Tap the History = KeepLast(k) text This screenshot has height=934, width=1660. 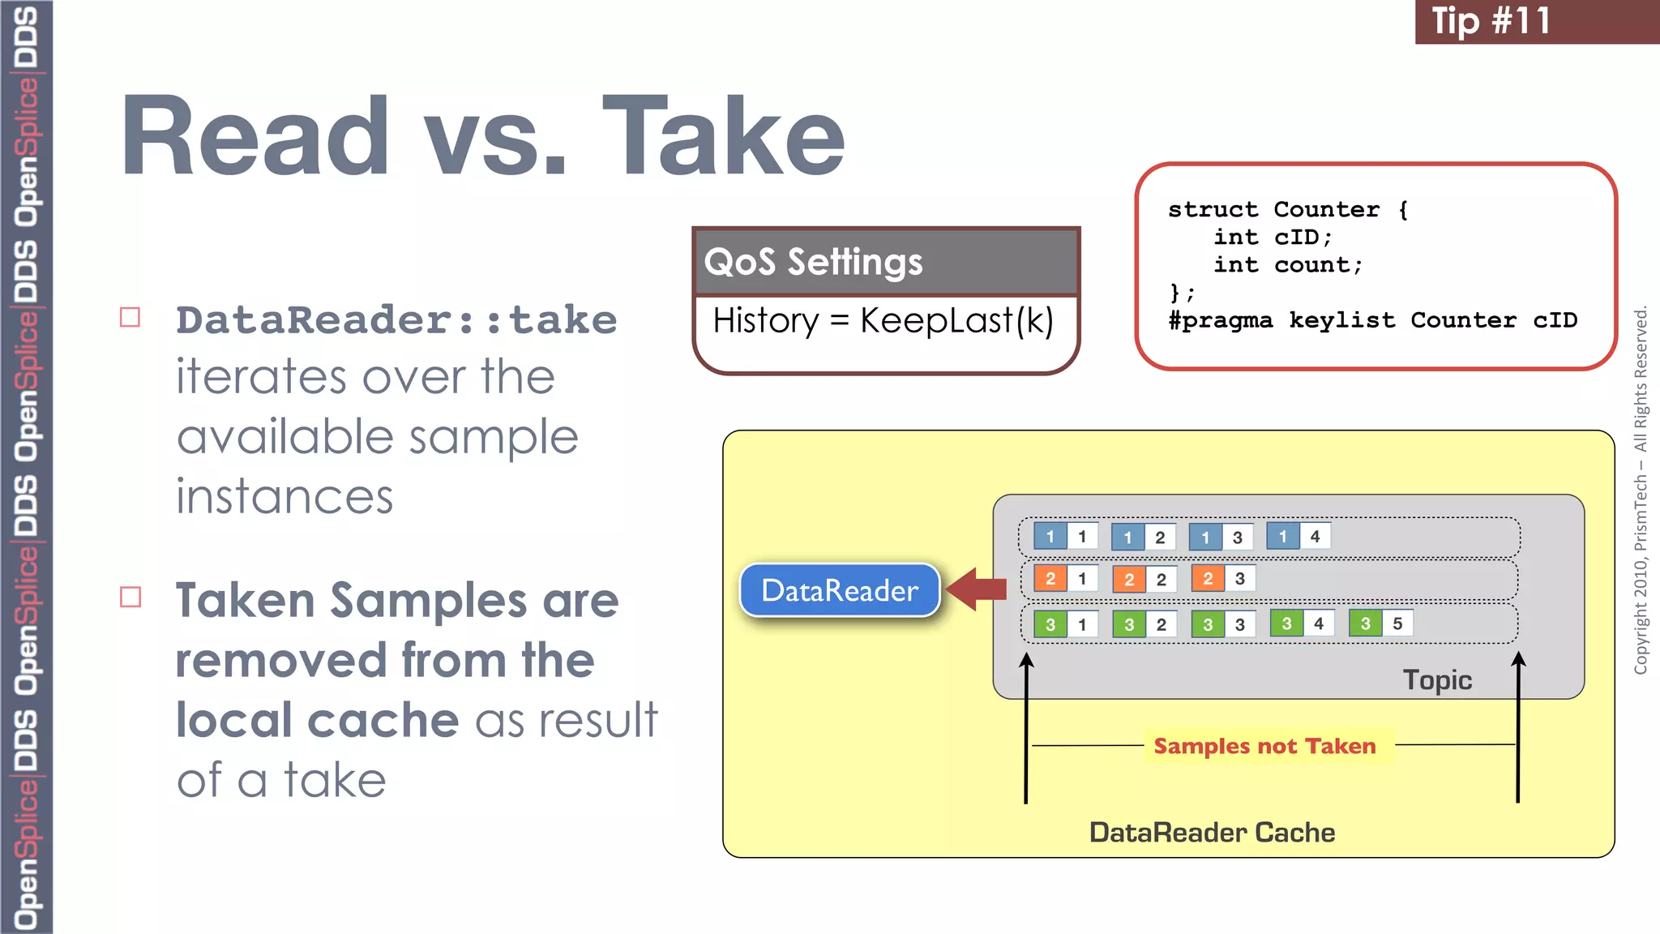tap(883, 321)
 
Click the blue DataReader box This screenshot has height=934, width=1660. tap(840, 590)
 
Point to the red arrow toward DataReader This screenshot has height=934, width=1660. tap(977, 589)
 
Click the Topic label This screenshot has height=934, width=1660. tap(1437, 679)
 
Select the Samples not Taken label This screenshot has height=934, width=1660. tap(1264, 746)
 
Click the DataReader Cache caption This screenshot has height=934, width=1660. tap(1212, 833)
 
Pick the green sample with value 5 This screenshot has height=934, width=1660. tap(1381, 623)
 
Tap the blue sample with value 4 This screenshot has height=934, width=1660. tap(1298, 536)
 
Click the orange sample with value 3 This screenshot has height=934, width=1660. tap(1223, 578)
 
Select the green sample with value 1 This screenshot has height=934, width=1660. tap(1066, 624)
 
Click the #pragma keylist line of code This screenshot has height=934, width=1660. tap(1372, 320)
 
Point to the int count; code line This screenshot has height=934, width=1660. tap(1288, 265)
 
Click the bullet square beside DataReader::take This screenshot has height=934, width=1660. tap(130, 317)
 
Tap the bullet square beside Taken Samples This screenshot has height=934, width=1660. tap(130, 598)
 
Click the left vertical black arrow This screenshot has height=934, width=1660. tap(1026, 730)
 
